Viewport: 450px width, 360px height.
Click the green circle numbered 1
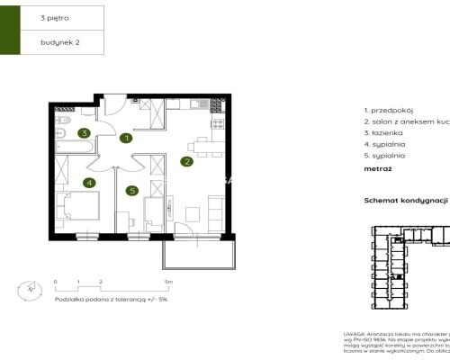[127, 139]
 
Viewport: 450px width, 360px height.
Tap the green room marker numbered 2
[186, 162]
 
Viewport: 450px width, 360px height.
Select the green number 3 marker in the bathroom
[84, 133]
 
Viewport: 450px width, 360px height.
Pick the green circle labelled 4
[89, 183]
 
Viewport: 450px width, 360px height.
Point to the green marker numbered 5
[131, 190]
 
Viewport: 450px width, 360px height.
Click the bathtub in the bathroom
[65, 139]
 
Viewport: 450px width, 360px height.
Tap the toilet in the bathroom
[63, 119]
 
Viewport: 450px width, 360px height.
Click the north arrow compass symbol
[31, 290]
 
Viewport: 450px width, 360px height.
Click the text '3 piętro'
[54, 17]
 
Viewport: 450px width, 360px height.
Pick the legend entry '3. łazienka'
[382, 131]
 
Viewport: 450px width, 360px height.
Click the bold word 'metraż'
[378, 167]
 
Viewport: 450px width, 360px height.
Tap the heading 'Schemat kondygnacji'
[405, 202]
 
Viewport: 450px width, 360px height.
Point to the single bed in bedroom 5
[153, 212]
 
